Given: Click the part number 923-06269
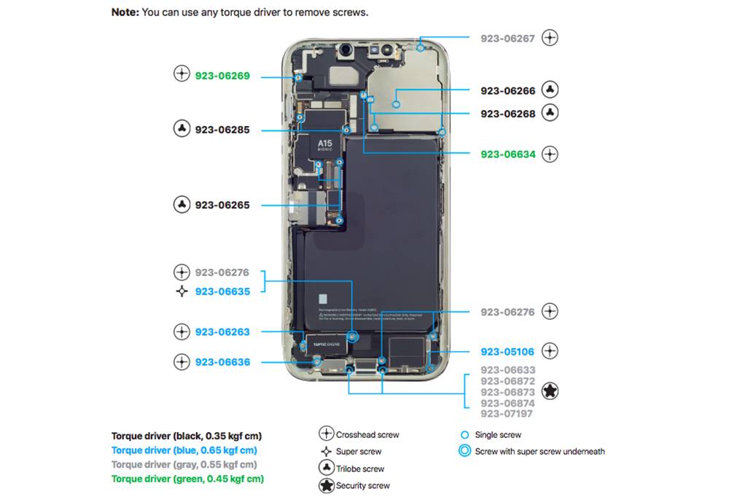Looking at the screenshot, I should click(x=222, y=75).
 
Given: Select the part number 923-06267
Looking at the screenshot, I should click(x=507, y=38).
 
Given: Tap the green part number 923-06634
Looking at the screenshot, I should click(x=507, y=154).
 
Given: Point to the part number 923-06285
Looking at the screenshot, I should click(x=222, y=130).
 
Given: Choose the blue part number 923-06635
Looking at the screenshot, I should click(x=222, y=291).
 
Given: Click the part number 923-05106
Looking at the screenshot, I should click(x=507, y=352).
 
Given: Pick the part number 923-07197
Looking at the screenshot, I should click(x=507, y=414).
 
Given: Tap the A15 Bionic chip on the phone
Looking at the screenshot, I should click(x=324, y=145).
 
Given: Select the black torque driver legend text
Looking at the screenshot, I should click(x=186, y=436).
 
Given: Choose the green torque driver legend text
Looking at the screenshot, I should click(x=187, y=479).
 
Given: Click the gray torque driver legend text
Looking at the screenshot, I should click(x=184, y=464).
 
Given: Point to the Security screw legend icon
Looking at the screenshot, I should click(x=327, y=486).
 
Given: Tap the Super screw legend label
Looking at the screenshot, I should click(x=359, y=452).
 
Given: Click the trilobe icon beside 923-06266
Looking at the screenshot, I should click(x=550, y=90).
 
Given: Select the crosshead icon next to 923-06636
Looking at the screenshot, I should click(x=182, y=361).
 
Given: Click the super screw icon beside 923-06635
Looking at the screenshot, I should click(x=182, y=291).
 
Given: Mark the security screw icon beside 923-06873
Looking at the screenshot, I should click(x=550, y=391).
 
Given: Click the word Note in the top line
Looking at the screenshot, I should click(x=124, y=12).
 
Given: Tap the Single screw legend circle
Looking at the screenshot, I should click(x=464, y=435).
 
